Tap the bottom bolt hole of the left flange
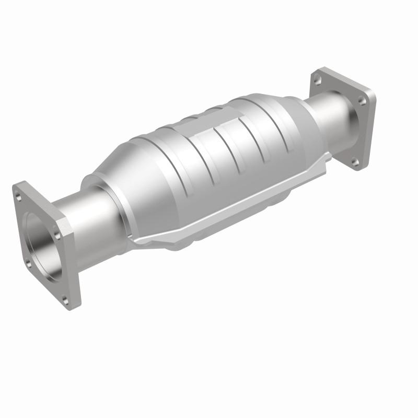[65, 299]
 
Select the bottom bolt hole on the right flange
[355, 162]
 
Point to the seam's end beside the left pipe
[141, 240]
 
